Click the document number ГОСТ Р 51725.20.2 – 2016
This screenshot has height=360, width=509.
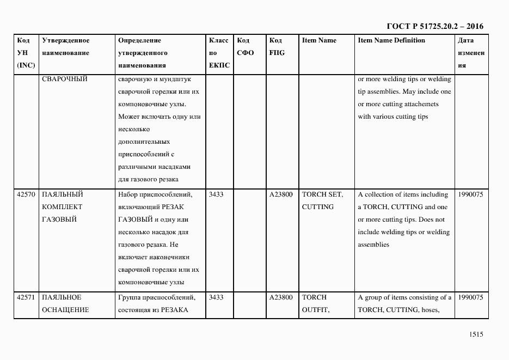coord(434,26)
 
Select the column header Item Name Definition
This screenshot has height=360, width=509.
coord(391,40)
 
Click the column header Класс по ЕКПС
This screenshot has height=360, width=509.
coord(219,53)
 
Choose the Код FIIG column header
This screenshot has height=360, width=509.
coord(277,47)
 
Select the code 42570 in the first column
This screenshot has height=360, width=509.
coord(26,194)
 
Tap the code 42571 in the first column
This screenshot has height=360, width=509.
coord(26,297)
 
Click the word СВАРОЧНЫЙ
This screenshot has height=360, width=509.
coord(64,78)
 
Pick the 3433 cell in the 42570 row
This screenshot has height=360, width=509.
coord(216,194)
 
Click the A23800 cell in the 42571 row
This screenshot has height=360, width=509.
coord(281,297)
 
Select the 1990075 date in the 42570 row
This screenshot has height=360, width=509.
coord(470,194)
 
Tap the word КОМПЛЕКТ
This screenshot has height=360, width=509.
coord(62,207)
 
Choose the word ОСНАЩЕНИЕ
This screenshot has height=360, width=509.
coord(65,310)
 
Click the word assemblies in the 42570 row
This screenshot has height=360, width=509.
coord(373,245)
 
